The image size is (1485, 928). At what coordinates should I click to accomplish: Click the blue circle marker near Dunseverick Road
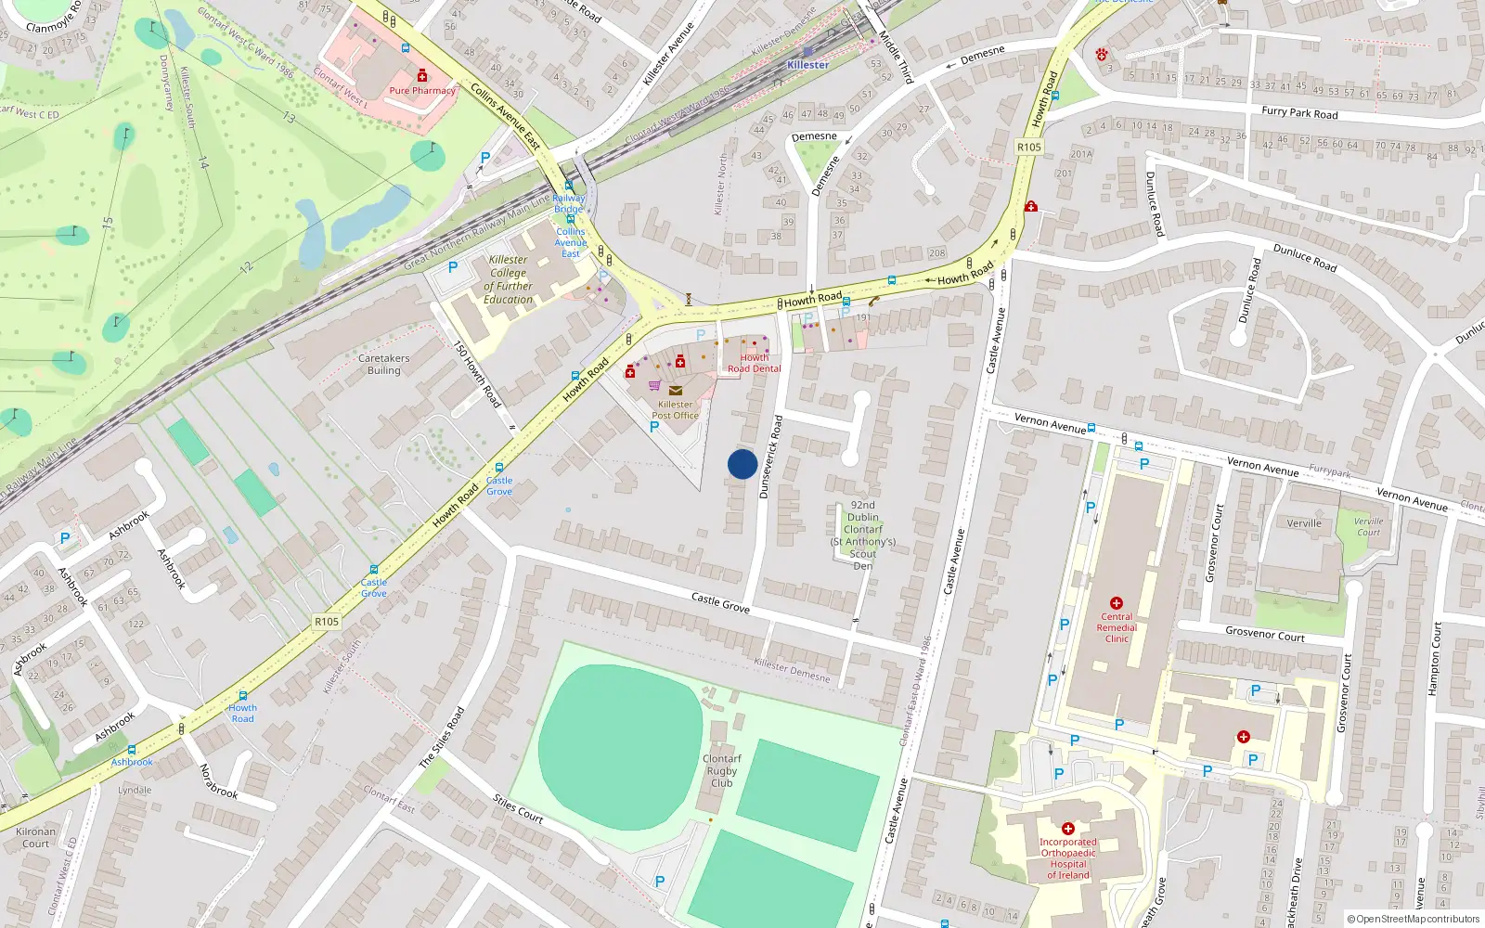click(x=742, y=464)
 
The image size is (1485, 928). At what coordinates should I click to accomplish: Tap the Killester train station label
click(x=807, y=65)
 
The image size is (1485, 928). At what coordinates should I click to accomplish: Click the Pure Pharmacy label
click(x=422, y=91)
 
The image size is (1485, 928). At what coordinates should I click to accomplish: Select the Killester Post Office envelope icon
click(x=676, y=391)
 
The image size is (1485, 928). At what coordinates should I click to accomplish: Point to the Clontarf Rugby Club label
click(x=722, y=770)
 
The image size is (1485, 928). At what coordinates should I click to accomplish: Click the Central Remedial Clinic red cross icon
click(x=1117, y=603)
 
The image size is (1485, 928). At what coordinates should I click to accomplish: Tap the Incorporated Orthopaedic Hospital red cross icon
click(x=1068, y=828)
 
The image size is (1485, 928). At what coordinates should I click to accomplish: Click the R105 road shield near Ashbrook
click(x=327, y=622)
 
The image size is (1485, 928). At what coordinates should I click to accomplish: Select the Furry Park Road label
click(x=1299, y=113)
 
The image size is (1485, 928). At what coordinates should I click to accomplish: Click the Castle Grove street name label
click(x=720, y=602)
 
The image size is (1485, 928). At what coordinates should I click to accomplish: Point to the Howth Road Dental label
click(x=755, y=363)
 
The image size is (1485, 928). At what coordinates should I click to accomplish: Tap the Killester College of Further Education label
click(x=509, y=279)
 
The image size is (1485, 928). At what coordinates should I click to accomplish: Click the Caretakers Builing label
click(x=383, y=364)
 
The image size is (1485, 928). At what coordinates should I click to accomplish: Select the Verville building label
click(x=1304, y=523)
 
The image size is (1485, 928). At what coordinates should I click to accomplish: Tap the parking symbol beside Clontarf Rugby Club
click(x=660, y=882)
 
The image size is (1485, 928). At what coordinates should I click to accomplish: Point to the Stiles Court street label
click(x=518, y=808)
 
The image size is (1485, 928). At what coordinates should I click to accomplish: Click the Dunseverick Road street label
click(x=770, y=457)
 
